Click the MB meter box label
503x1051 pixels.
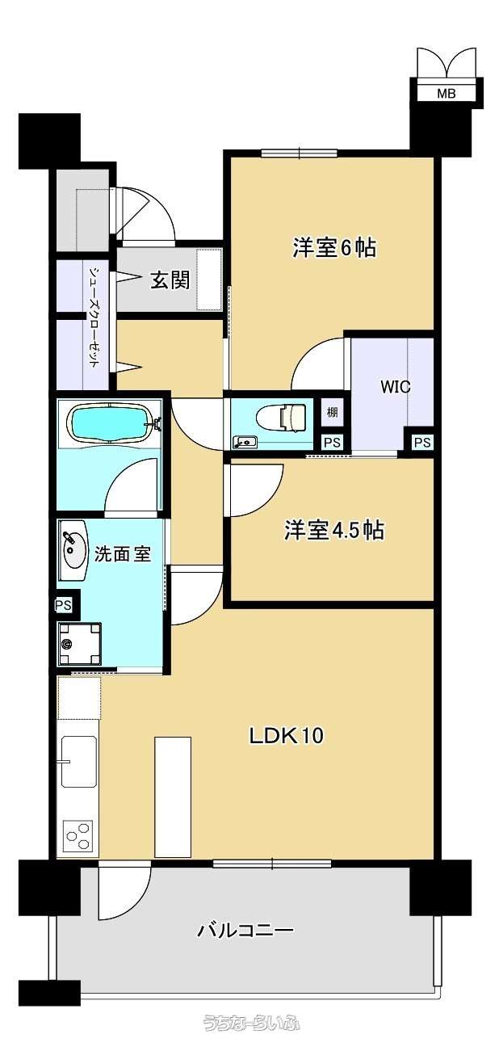(x=446, y=94)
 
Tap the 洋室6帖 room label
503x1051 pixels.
(x=334, y=247)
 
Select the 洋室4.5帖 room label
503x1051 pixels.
(x=334, y=530)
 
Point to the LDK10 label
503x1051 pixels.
(x=286, y=735)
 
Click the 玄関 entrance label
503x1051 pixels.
(x=170, y=280)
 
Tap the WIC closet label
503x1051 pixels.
(x=396, y=388)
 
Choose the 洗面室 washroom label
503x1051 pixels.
(x=123, y=554)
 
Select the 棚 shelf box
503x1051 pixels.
(x=333, y=413)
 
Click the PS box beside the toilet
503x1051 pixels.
(x=333, y=443)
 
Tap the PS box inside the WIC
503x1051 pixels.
(x=422, y=442)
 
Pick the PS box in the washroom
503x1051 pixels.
(x=63, y=605)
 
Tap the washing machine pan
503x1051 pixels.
(x=80, y=643)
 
